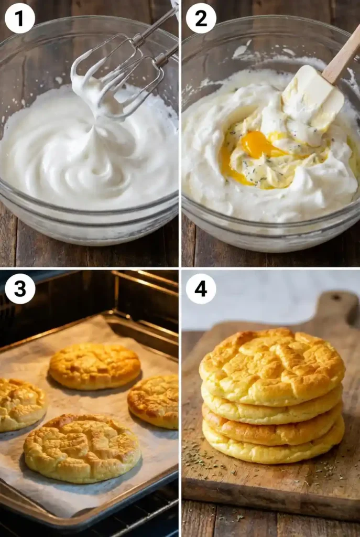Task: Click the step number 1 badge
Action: tap(19, 18)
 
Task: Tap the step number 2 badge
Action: tap(201, 18)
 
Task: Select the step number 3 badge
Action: tap(19, 288)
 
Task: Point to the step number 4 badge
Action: tap(201, 288)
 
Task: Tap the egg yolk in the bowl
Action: tap(256, 144)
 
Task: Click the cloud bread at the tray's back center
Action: tap(95, 366)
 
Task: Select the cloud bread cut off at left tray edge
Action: tap(20, 404)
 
